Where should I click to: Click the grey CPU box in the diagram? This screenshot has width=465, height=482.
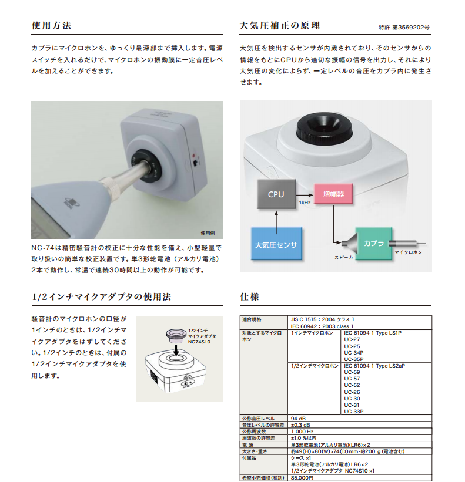click(x=276, y=194)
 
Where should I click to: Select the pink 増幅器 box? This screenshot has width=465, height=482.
click(x=333, y=194)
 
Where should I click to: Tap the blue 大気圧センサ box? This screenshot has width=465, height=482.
click(x=276, y=244)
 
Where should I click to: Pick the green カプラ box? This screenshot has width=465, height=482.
click(x=374, y=244)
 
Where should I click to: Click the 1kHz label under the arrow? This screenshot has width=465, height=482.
click(x=305, y=203)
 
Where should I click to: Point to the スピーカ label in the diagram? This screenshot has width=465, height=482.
click(x=344, y=258)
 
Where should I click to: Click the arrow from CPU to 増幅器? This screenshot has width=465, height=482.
click(x=305, y=195)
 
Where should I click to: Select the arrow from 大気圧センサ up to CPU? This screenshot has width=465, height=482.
click(x=276, y=223)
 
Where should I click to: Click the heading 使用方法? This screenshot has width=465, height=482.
click(x=51, y=25)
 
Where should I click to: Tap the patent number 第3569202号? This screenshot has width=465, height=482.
click(x=411, y=28)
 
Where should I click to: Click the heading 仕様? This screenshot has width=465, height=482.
click(x=250, y=297)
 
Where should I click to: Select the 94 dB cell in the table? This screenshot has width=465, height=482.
click(x=298, y=419)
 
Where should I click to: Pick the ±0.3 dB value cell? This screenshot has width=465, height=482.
click(x=300, y=425)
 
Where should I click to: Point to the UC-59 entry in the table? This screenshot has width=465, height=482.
click(x=352, y=372)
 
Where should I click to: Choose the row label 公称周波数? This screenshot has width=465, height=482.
click(x=254, y=432)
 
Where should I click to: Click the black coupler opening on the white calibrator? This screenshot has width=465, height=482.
click(x=324, y=129)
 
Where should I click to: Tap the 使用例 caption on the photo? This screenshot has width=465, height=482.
click(x=208, y=233)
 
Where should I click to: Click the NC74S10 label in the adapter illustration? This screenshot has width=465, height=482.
click(x=199, y=342)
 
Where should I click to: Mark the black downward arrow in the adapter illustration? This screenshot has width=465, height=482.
click(x=176, y=350)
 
